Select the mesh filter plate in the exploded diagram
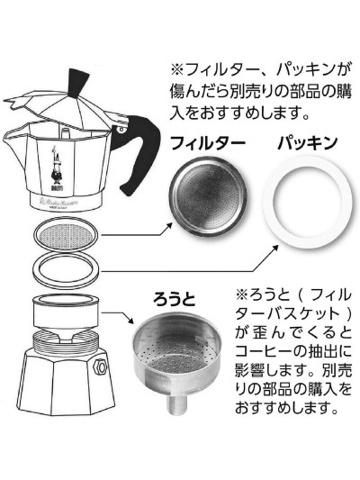67,236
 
